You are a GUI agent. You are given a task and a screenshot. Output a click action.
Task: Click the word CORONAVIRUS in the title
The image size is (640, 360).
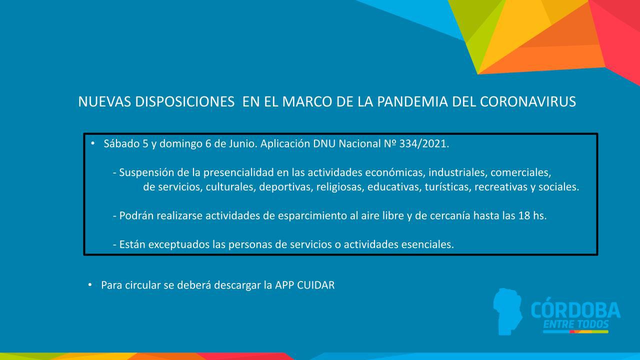(x=527, y=102)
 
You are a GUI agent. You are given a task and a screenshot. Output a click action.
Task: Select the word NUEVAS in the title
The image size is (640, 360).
(x=100, y=102)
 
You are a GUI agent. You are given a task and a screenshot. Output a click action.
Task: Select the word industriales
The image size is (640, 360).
(x=457, y=173)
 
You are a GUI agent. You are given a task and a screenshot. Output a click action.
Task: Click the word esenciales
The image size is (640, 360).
(x=427, y=245)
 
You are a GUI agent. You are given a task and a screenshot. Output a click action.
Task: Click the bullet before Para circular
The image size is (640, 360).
(x=90, y=285)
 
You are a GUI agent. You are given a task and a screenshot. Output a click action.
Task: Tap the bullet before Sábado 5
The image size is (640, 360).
(x=92, y=143)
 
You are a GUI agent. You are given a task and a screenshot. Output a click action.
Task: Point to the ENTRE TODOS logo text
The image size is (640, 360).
(x=575, y=324)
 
